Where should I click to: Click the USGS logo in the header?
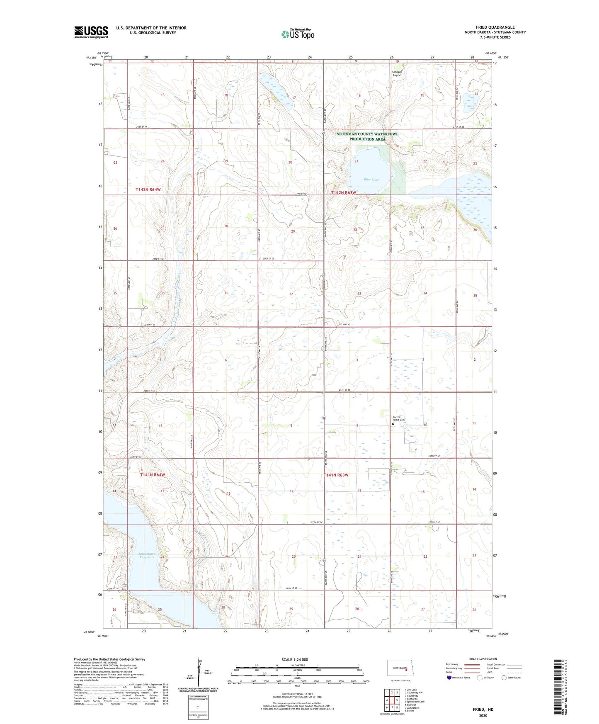tap(91, 32)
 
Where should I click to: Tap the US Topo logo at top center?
tap(298, 34)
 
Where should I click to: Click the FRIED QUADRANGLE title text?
tap(495, 27)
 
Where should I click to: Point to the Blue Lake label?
tap(371, 180)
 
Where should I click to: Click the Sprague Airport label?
tap(397, 73)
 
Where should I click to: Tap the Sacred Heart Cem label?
tap(398, 419)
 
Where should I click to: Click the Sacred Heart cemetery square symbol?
tap(393, 424)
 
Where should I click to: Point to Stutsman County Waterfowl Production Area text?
tap(367, 136)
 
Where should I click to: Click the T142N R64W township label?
tap(148, 190)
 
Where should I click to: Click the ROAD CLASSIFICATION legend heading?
tap(483, 659)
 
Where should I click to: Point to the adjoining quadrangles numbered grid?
tap(391, 700)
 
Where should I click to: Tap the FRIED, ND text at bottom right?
tap(483, 709)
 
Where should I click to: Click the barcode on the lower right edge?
tap(558, 686)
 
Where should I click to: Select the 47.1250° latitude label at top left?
tap(91, 58)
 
